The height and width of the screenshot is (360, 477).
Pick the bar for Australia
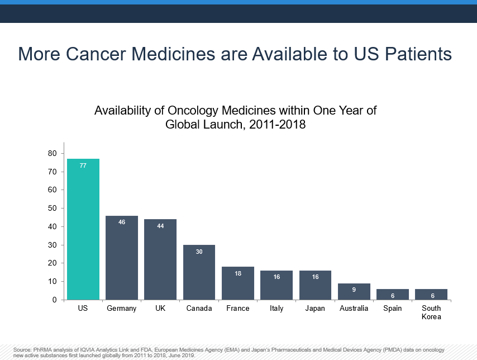pyautogui.click(x=354, y=292)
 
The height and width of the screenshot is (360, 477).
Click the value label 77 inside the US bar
pyautogui.click(x=83, y=165)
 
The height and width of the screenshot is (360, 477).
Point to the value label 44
pyautogui.click(x=160, y=226)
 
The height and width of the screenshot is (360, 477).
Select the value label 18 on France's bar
pyautogui.click(x=238, y=273)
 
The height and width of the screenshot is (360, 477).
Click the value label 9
pyautogui.click(x=354, y=290)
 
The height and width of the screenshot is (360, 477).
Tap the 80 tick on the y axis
pyautogui.click(x=52, y=153)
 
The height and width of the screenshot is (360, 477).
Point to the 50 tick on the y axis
pyautogui.click(x=52, y=208)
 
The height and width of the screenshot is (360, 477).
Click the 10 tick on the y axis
pyautogui.click(x=52, y=281)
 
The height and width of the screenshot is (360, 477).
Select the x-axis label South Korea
pyautogui.click(x=431, y=312)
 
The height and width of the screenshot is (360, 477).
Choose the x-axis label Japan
pyautogui.click(x=315, y=309)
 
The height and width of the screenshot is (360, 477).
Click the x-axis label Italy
pyautogui.click(x=276, y=309)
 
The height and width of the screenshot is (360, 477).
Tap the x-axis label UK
pyautogui.click(x=160, y=309)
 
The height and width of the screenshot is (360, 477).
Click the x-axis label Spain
pyautogui.click(x=393, y=309)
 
